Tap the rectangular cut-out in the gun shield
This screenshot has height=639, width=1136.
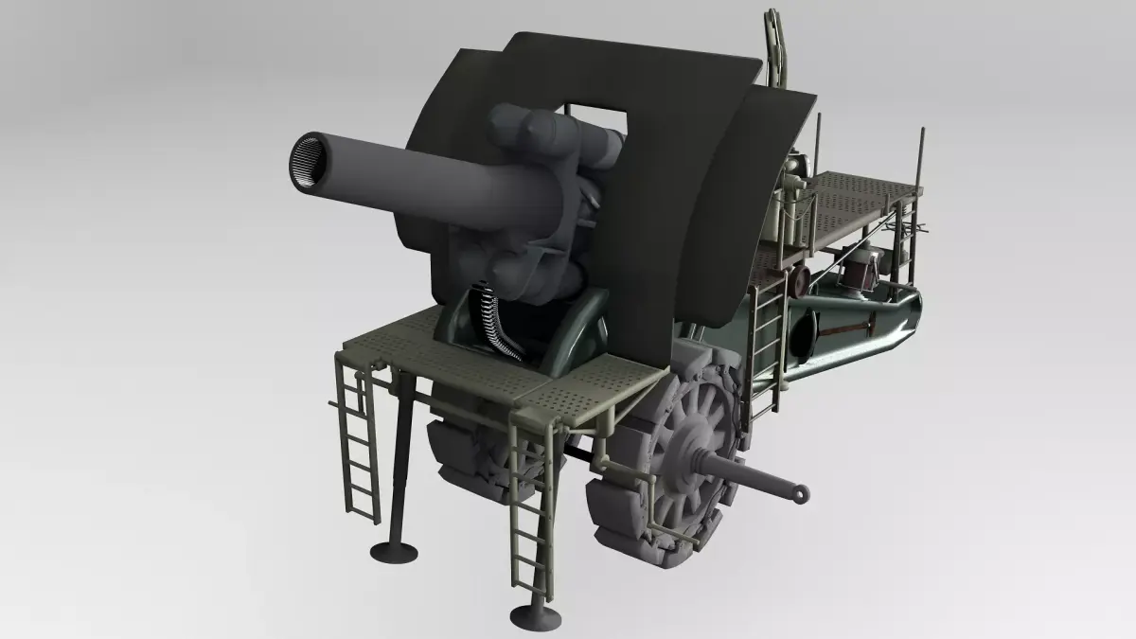click(x=595, y=114)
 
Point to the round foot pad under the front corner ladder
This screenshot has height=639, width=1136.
click(x=535, y=617)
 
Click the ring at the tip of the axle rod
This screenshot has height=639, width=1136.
click(x=801, y=492)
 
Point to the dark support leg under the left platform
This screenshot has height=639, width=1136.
click(x=399, y=454)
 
